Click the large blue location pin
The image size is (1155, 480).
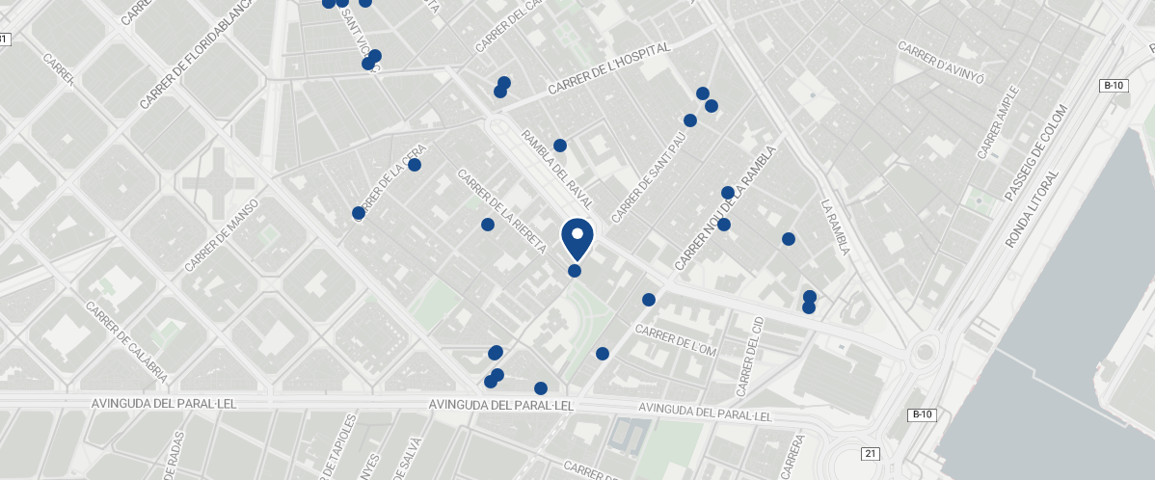(x=577, y=238)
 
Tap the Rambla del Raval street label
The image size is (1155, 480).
(x=555, y=169)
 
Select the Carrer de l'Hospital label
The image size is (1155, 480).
(x=608, y=68)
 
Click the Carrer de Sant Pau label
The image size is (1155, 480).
(x=649, y=176)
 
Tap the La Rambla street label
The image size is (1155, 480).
(x=834, y=227)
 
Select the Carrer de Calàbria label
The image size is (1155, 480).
(x=127, y=342)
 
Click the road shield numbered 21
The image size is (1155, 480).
(x=871, y=453)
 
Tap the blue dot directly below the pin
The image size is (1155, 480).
(x=575, y=271)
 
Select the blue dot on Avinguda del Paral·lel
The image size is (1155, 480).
(x=541, y=388)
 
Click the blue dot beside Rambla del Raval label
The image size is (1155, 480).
(x=560, y=146)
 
